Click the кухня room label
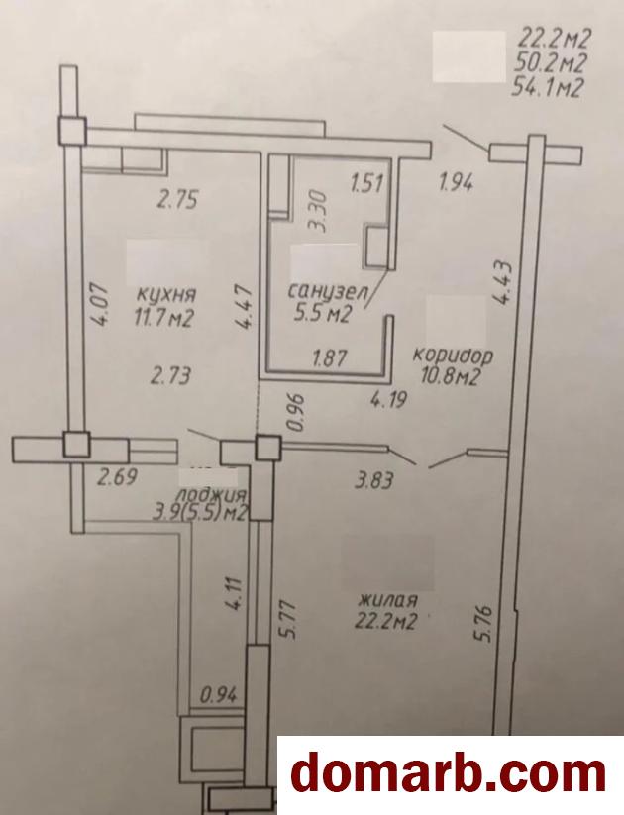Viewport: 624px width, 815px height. click(165, 294)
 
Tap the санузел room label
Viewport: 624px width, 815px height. click(328, 290)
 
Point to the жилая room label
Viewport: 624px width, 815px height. click(388, 600)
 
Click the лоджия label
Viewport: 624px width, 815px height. click(211, 493)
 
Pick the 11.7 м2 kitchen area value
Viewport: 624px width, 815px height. click(163, 317)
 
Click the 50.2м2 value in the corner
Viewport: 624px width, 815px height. click(549, 63)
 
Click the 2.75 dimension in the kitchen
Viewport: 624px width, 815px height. click(178, 200)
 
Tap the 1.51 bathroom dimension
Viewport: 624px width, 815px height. click(367, 183)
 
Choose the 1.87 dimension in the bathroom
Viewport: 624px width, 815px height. click(330, 358)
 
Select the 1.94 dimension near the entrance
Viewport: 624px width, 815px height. click(456, 182)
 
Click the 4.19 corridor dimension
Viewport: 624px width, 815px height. click(387, 400)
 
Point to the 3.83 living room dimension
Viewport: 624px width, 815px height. click(374, 481)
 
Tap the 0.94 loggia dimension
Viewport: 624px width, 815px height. click(219, 694)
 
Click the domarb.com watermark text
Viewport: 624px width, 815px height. click(449, 775)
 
